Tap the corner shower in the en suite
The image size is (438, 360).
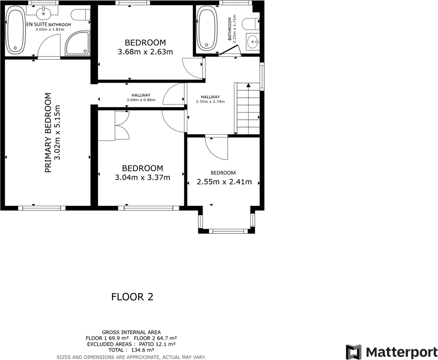coord(78,44)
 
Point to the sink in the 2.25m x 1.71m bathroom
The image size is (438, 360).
coord(253,43)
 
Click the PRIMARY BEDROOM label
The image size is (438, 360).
coord(48,133)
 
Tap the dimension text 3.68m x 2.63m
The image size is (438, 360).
coord(145,52)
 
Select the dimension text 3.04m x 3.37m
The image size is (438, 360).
coord(142,177)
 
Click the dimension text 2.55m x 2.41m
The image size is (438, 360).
coord(224,182)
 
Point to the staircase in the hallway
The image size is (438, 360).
coord(248,108)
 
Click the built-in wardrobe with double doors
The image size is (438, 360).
coord(114,126)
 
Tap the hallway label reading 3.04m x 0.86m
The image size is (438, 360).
coord(141,100)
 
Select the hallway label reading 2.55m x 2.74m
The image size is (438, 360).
coord(210,101)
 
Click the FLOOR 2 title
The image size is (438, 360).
coord(132,297)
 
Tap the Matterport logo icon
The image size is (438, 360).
coord(354,352)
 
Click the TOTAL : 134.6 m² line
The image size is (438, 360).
coord(131,350)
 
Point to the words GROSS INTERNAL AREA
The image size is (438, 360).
coord(131,332)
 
